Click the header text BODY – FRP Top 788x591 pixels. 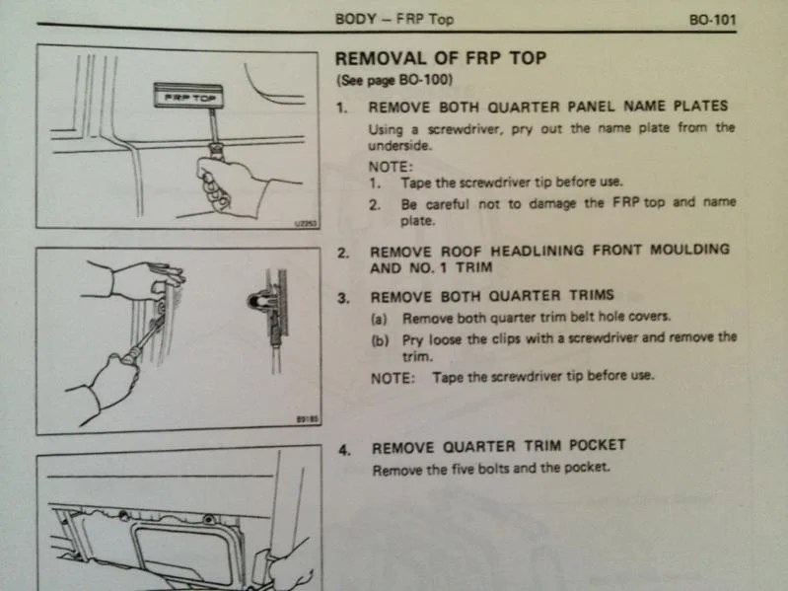[394, 19]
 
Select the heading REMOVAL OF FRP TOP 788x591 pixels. [440, 58]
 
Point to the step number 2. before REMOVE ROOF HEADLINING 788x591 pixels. [343, 251]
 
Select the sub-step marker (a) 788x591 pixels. [380, 319]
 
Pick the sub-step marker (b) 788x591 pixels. [380, 336]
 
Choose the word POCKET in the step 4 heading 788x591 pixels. [592, 447]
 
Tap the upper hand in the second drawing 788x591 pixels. [148, 280]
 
